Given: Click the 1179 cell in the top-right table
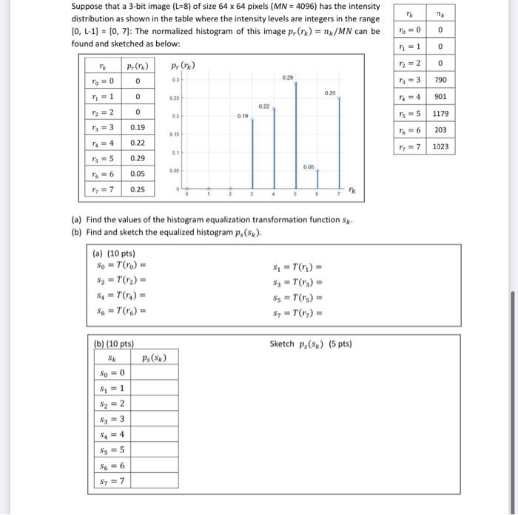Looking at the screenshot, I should [x=440, y=114].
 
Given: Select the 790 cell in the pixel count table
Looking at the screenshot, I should [x=440, y=80].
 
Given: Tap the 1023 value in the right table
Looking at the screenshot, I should [x=440, y=147].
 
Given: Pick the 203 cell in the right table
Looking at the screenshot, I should [x=440, y=130].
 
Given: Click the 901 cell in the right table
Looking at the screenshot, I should [x=440, y=97].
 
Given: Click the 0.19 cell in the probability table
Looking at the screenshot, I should [x=137, y=126].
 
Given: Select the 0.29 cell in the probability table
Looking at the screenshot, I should [x=137, y=158].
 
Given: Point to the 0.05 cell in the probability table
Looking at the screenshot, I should [x=137, y=174].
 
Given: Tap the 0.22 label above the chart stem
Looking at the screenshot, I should [x=264, y=107].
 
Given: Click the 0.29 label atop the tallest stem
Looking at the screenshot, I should [x=287, y=77].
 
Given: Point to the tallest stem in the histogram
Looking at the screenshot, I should [x=296, y=133].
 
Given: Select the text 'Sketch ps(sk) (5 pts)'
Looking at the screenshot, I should [x=311, y=344].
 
